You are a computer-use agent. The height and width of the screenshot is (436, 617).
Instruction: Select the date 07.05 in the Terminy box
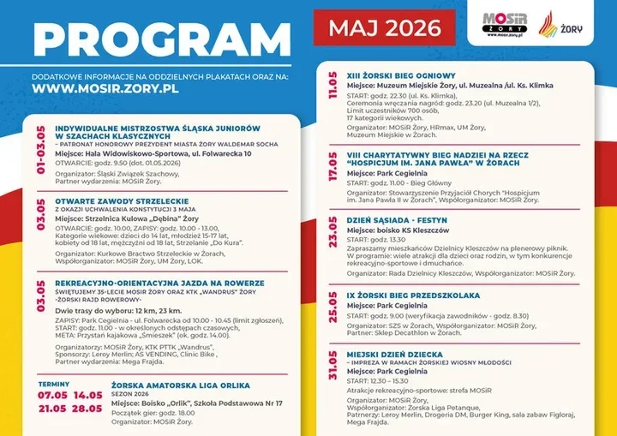[51, 396]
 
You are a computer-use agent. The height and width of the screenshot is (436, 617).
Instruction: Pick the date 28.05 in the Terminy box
[87, 409]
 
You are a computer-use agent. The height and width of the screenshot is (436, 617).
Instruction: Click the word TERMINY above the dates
[52, 384]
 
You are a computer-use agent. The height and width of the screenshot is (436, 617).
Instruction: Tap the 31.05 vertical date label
[332, 371]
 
